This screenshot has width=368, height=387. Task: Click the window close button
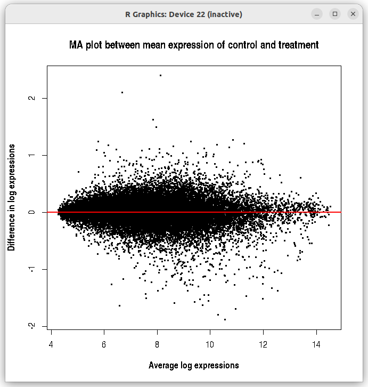353,14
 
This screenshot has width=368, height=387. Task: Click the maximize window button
334,14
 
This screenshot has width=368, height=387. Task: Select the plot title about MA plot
194,45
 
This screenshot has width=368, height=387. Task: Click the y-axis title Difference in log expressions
11,197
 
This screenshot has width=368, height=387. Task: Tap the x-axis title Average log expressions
194,365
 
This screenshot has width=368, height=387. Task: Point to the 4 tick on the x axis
51,345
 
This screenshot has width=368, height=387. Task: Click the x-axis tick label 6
104,345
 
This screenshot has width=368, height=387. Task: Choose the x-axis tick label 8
157,345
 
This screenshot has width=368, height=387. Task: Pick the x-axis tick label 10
210,345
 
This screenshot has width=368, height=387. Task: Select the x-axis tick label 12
263,345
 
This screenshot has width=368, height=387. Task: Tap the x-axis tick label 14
316,345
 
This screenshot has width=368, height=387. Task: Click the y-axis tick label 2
32,98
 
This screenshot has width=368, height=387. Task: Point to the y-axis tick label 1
32,155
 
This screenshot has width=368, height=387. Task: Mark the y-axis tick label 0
32,212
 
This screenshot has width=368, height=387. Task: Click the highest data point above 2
160,75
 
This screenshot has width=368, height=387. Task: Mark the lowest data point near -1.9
225,319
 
